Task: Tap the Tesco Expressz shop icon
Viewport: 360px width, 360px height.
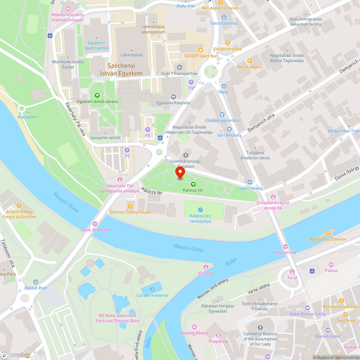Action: click(224, 17)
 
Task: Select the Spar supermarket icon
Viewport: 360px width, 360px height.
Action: click(224, 86)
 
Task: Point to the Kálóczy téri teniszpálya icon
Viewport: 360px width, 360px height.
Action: click(201, 210)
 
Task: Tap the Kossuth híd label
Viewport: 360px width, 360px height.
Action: click(285, 252)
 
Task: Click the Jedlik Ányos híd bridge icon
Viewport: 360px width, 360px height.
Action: click(95, 224)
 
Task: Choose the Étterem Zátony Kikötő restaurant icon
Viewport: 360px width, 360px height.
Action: click(130, 206)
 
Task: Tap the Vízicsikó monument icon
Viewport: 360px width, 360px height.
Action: click(206, 267)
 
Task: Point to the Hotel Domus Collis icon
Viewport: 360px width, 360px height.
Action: click(307, 307)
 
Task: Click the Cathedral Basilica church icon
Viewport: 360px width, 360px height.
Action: click(260, 328)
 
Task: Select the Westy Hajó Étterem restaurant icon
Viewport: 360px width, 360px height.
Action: click(328, 233)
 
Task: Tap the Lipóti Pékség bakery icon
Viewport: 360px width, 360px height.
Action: click(250, 182)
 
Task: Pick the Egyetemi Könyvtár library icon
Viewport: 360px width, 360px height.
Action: click(173, 96)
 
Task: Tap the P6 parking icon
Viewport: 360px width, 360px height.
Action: click(191, 82)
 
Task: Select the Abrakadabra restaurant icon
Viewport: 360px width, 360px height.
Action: click(249, 61)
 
